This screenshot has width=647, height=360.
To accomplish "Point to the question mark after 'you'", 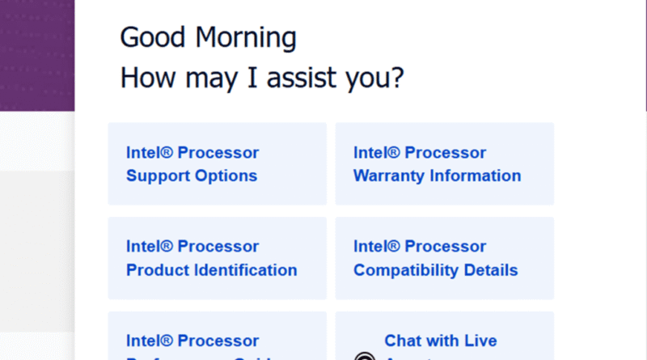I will pyautogui.click(x=397, y=78).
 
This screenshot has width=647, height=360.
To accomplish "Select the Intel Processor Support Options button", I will pyautogui.click(x=217, y=163).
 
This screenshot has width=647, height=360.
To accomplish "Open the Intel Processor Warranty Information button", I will pyautogui.click(x=445, y=163).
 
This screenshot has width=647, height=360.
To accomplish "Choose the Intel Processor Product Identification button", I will pyautogui.click(x=217, y=258).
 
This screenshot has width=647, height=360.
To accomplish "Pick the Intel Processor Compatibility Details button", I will pyautogui.click(x=445, y=258).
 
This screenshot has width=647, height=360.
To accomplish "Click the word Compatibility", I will pyautogui.click(x=401, y=270).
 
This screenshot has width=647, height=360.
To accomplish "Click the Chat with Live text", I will pyautogui.click(x=440, y=341).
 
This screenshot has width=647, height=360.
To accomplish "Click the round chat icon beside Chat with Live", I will pyautogui.click(x=366, y=356).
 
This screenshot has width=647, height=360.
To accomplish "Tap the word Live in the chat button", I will pyautogui.click(x=479, y=341).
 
